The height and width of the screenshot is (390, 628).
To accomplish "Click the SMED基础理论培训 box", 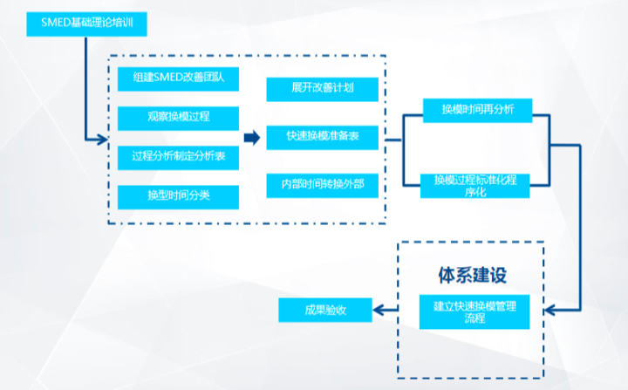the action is coord(86,24).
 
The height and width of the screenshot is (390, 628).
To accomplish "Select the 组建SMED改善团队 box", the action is coord(178,79).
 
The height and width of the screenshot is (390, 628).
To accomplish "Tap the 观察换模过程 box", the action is coord(178,119).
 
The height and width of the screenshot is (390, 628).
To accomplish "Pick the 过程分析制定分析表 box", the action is coord(178,158).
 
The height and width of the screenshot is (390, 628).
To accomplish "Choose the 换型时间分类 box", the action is coord(178,197).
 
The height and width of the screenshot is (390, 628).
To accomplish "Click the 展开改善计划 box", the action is coord(323,89).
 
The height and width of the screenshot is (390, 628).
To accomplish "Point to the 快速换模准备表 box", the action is coord(323,138).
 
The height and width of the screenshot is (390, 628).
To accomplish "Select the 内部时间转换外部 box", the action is coord(323,186).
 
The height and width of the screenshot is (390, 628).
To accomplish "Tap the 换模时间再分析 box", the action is coord(477,110).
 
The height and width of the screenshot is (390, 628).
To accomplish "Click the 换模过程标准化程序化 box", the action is coord(475,186).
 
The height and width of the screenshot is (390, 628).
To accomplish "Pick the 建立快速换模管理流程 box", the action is coord(474,311).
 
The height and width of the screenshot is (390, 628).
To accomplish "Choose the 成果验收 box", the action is coord(325,310).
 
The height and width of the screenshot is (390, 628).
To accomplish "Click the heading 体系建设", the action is coord(473,276).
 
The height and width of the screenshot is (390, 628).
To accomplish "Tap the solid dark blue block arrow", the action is coord(252,138).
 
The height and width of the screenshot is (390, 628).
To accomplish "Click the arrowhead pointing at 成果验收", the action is coord(378,310).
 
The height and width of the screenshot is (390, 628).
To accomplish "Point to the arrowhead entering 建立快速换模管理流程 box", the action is coord(549,311).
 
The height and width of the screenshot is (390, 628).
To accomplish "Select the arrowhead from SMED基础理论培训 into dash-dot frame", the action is coord(103,140).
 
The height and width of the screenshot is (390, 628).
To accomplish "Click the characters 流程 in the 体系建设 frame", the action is coord(474,318).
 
